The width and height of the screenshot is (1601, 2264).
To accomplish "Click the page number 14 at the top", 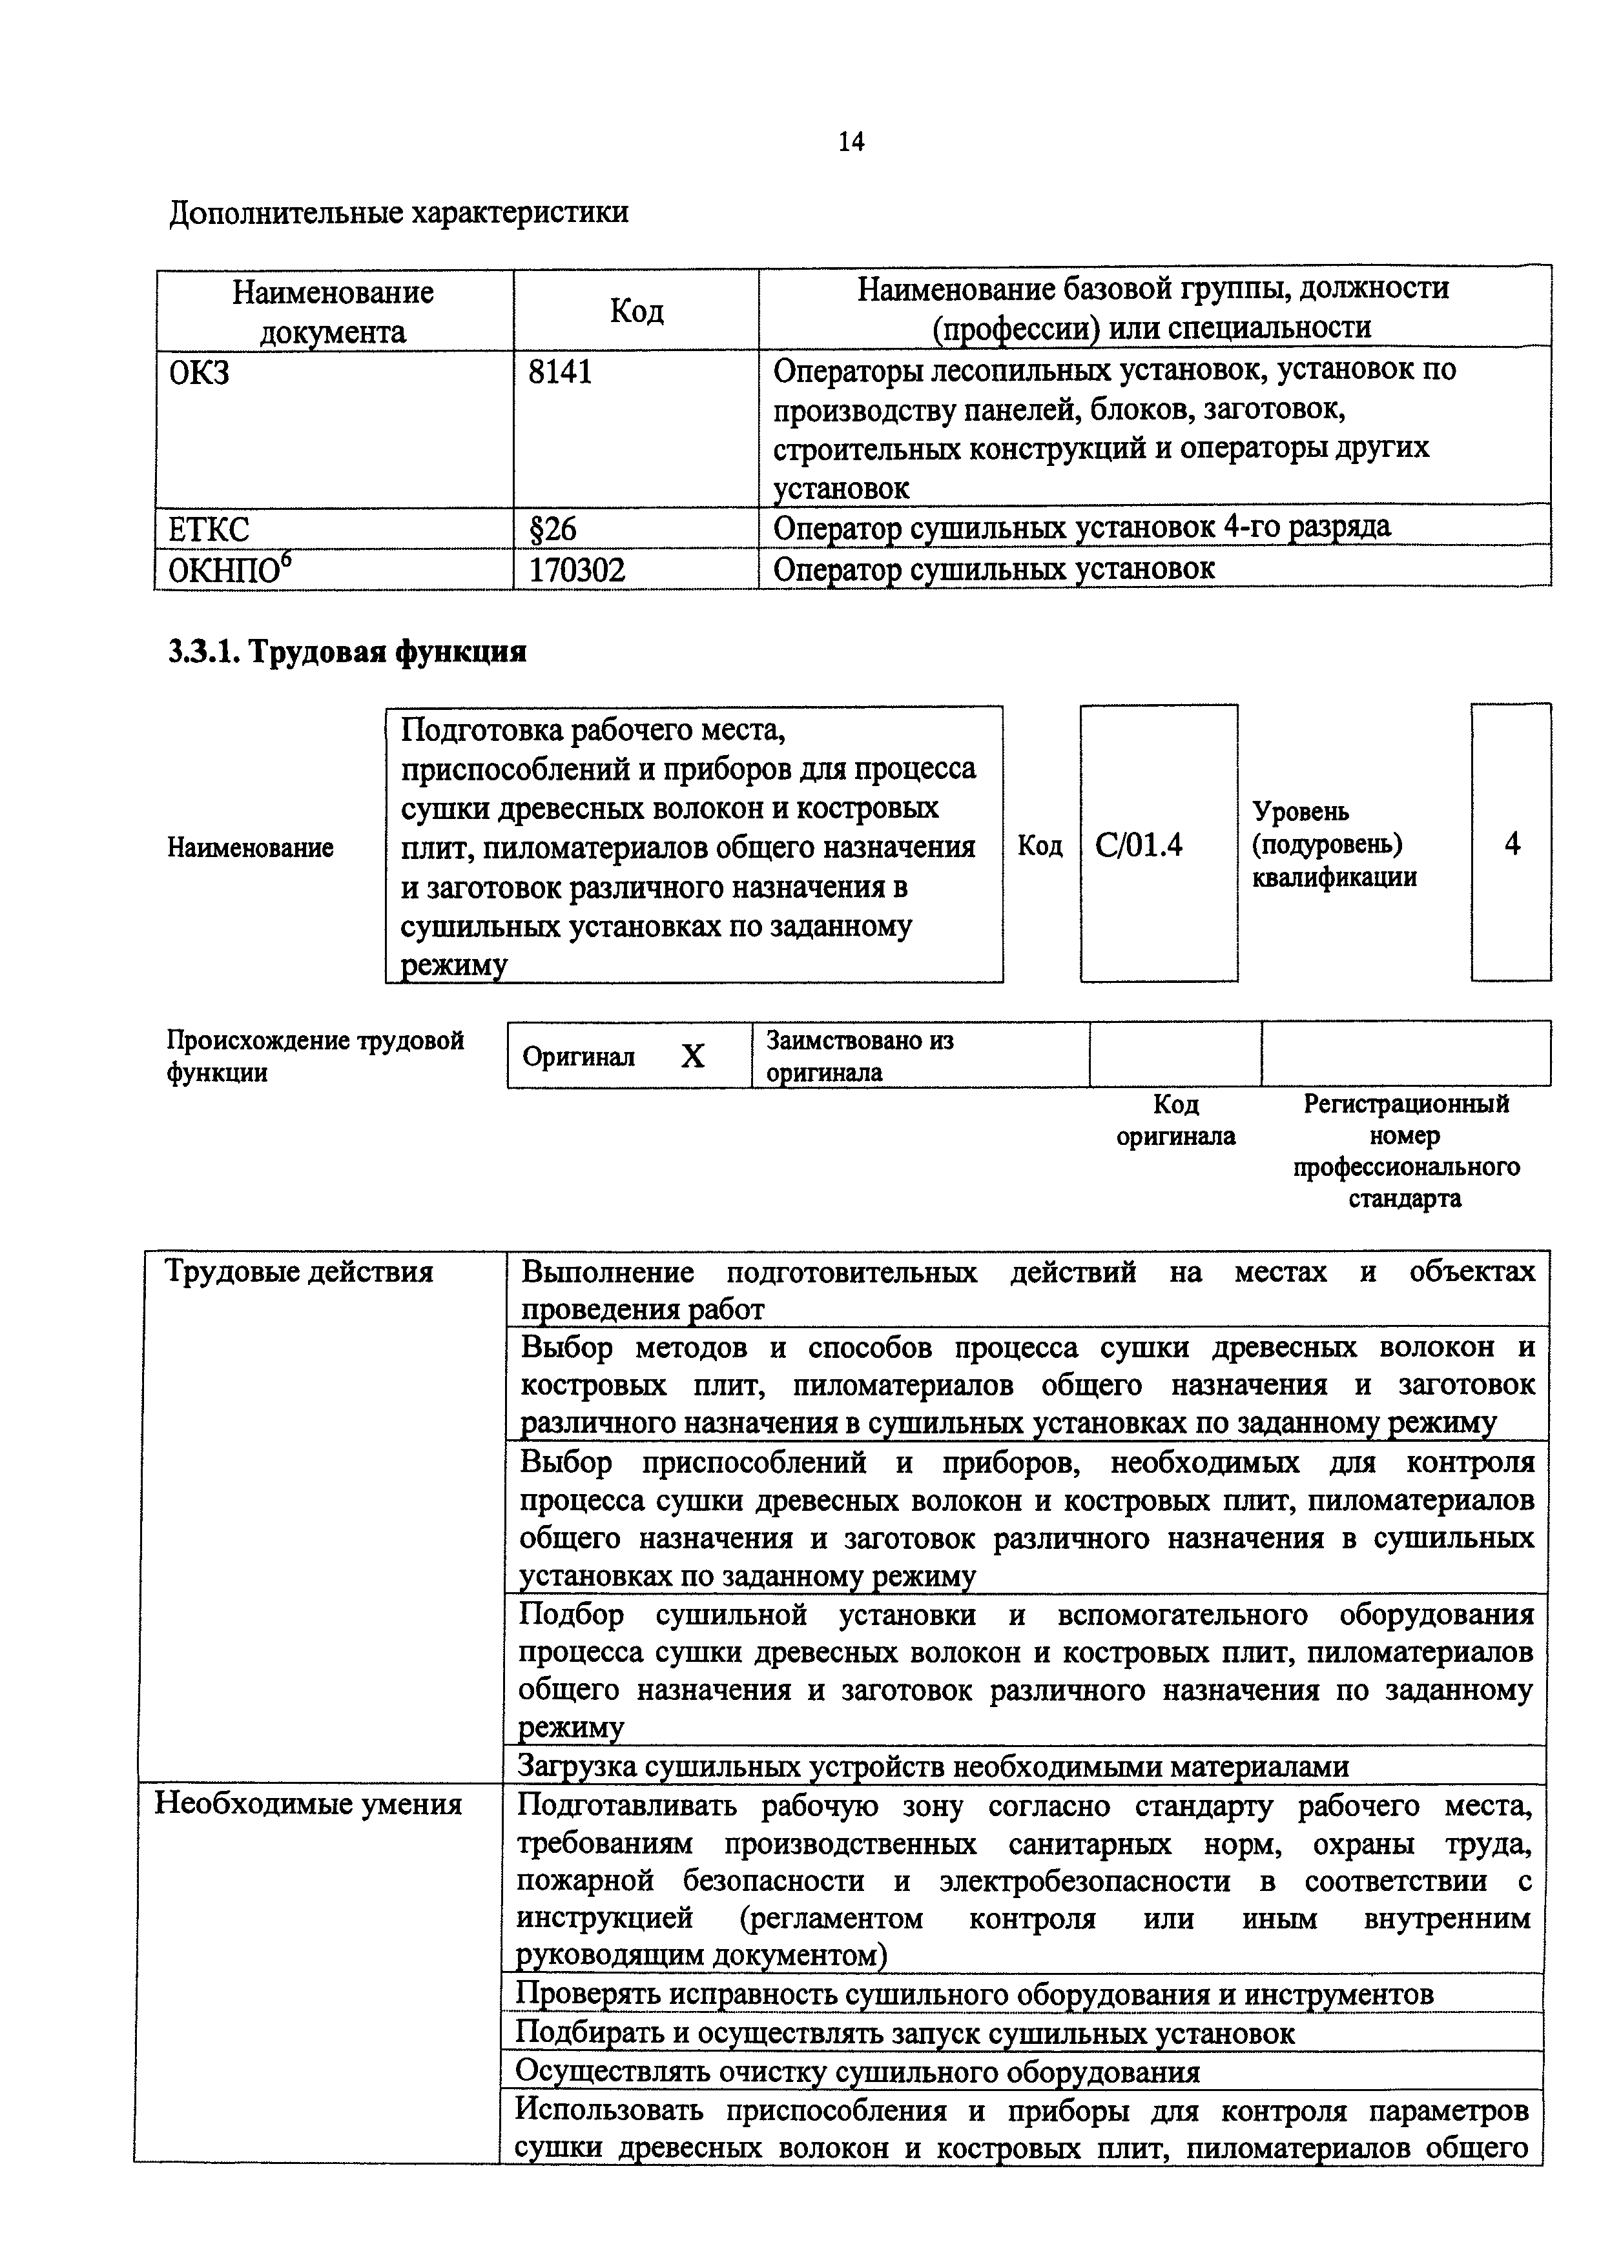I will pos(851,142).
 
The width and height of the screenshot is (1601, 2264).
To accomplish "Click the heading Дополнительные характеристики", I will pos(398,212).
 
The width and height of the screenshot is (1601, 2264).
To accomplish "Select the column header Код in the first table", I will pos(636,310).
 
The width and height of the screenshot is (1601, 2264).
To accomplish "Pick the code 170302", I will pos(578,569).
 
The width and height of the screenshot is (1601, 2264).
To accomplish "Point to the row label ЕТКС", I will pos(210,529).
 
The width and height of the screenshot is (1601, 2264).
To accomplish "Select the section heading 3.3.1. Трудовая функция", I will pos(347,652).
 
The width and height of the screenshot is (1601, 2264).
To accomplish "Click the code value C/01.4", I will pos(1139,845).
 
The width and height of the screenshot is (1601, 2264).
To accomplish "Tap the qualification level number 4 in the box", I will pos(1511,843).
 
